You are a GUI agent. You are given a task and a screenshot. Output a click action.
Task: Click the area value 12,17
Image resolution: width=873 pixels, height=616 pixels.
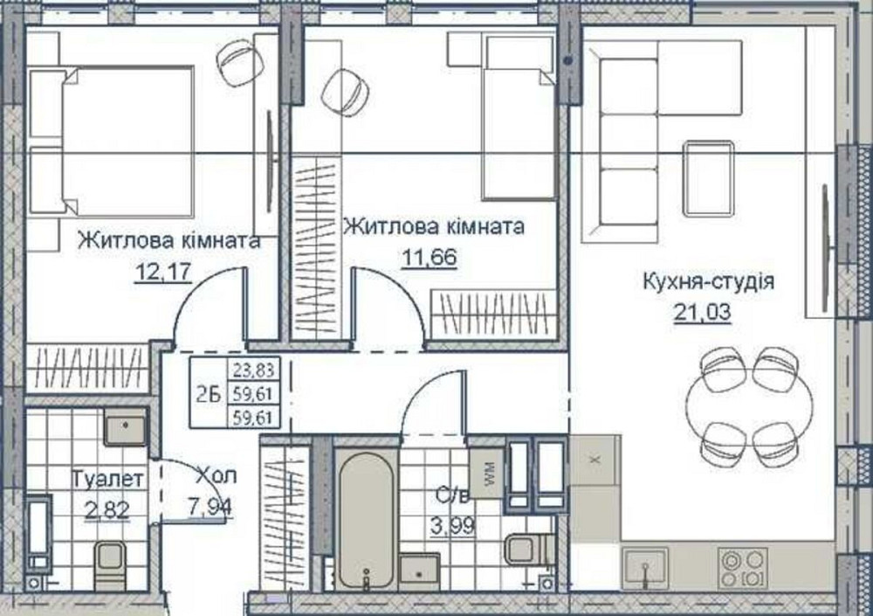[x=162, y=272]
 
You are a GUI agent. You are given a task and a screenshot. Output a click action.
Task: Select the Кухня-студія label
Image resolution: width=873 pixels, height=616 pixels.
[x=708, y=281]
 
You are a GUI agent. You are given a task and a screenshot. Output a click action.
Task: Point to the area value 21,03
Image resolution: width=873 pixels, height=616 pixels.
[x=702, y=311]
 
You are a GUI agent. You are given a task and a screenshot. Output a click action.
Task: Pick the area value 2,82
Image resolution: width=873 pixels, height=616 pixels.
[x=107, y=509]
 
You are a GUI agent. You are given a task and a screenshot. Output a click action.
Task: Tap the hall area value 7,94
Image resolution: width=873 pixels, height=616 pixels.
[x=210, y=505]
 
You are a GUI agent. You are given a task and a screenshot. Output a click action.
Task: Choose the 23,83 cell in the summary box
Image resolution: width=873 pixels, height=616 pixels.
[x=252, y=370]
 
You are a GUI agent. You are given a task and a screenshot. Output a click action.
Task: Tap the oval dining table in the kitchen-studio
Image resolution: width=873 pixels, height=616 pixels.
[x=744, y=401]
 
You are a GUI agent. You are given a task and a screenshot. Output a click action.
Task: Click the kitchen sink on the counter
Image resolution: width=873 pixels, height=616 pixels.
[x=644, y=566]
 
